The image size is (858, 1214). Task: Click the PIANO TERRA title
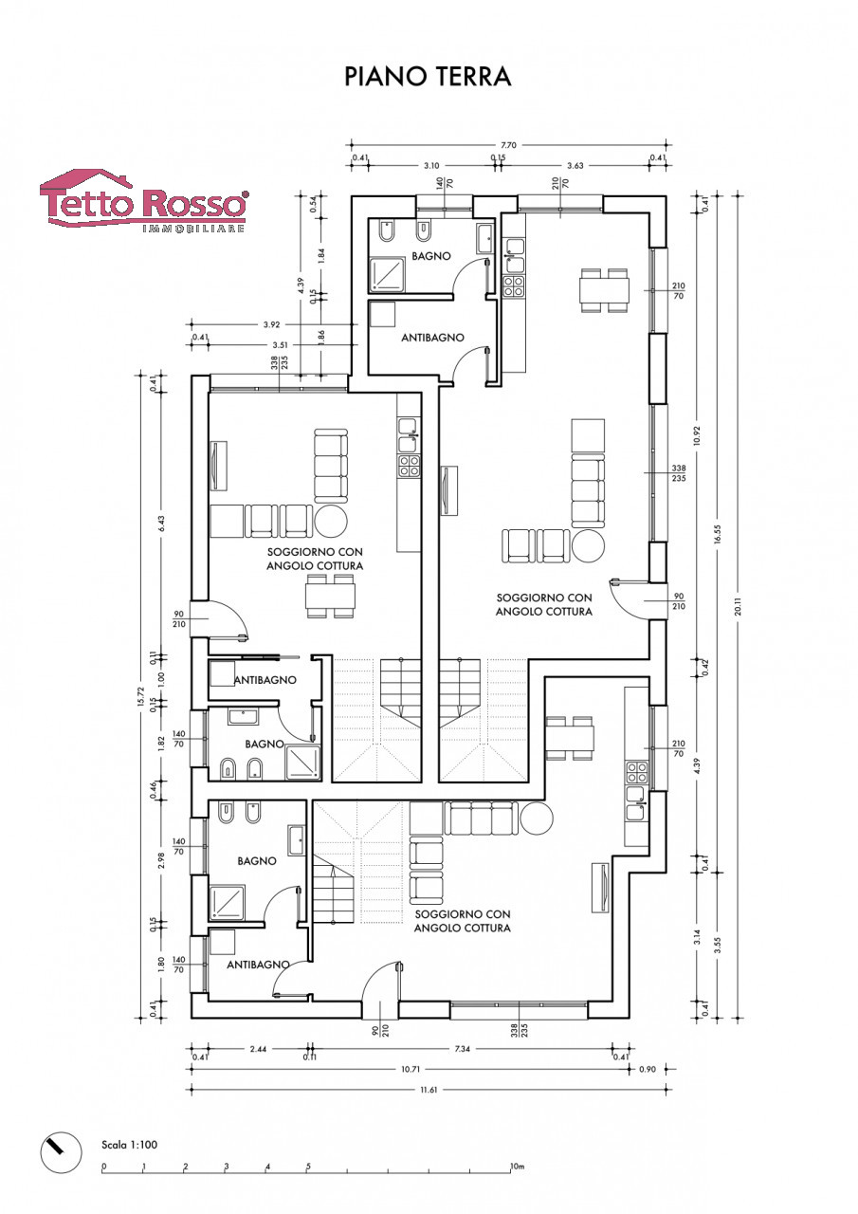pyautogui.click(x=428, y=77)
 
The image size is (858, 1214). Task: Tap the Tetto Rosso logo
pyautogui.click(x=145, y=201)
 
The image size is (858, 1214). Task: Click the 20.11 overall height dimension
pyautogui.click(x=739, y=605)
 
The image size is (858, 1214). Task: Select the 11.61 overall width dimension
pyautogui.click(x=428, y=1090)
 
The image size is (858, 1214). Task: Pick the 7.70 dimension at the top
pyautogui.click(x=508, y=145)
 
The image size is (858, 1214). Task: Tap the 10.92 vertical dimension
pyautogui.click(x=697, y=435)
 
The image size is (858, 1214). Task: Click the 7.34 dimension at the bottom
pyautogui.click(x=462, y=1049)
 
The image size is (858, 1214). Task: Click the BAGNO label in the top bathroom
pyautogui.click(x=431, y=256)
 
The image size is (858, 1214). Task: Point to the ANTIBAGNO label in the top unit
pyautogui.click(x=432, y=338)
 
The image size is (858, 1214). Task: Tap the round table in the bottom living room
pyautogui.click(x=537, y=818)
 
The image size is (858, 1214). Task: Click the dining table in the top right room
pyautogui.click(x=604, y=290)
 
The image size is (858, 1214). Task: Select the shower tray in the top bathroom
pyautogui.click(x=388, y=275)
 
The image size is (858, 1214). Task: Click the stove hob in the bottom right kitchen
pyautogui.click(x=636, y=773)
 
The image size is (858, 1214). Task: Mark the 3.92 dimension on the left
pyautogui.click(x=271, y=324)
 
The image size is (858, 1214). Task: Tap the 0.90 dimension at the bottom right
pyautogui.click(x=648, y=1069)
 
